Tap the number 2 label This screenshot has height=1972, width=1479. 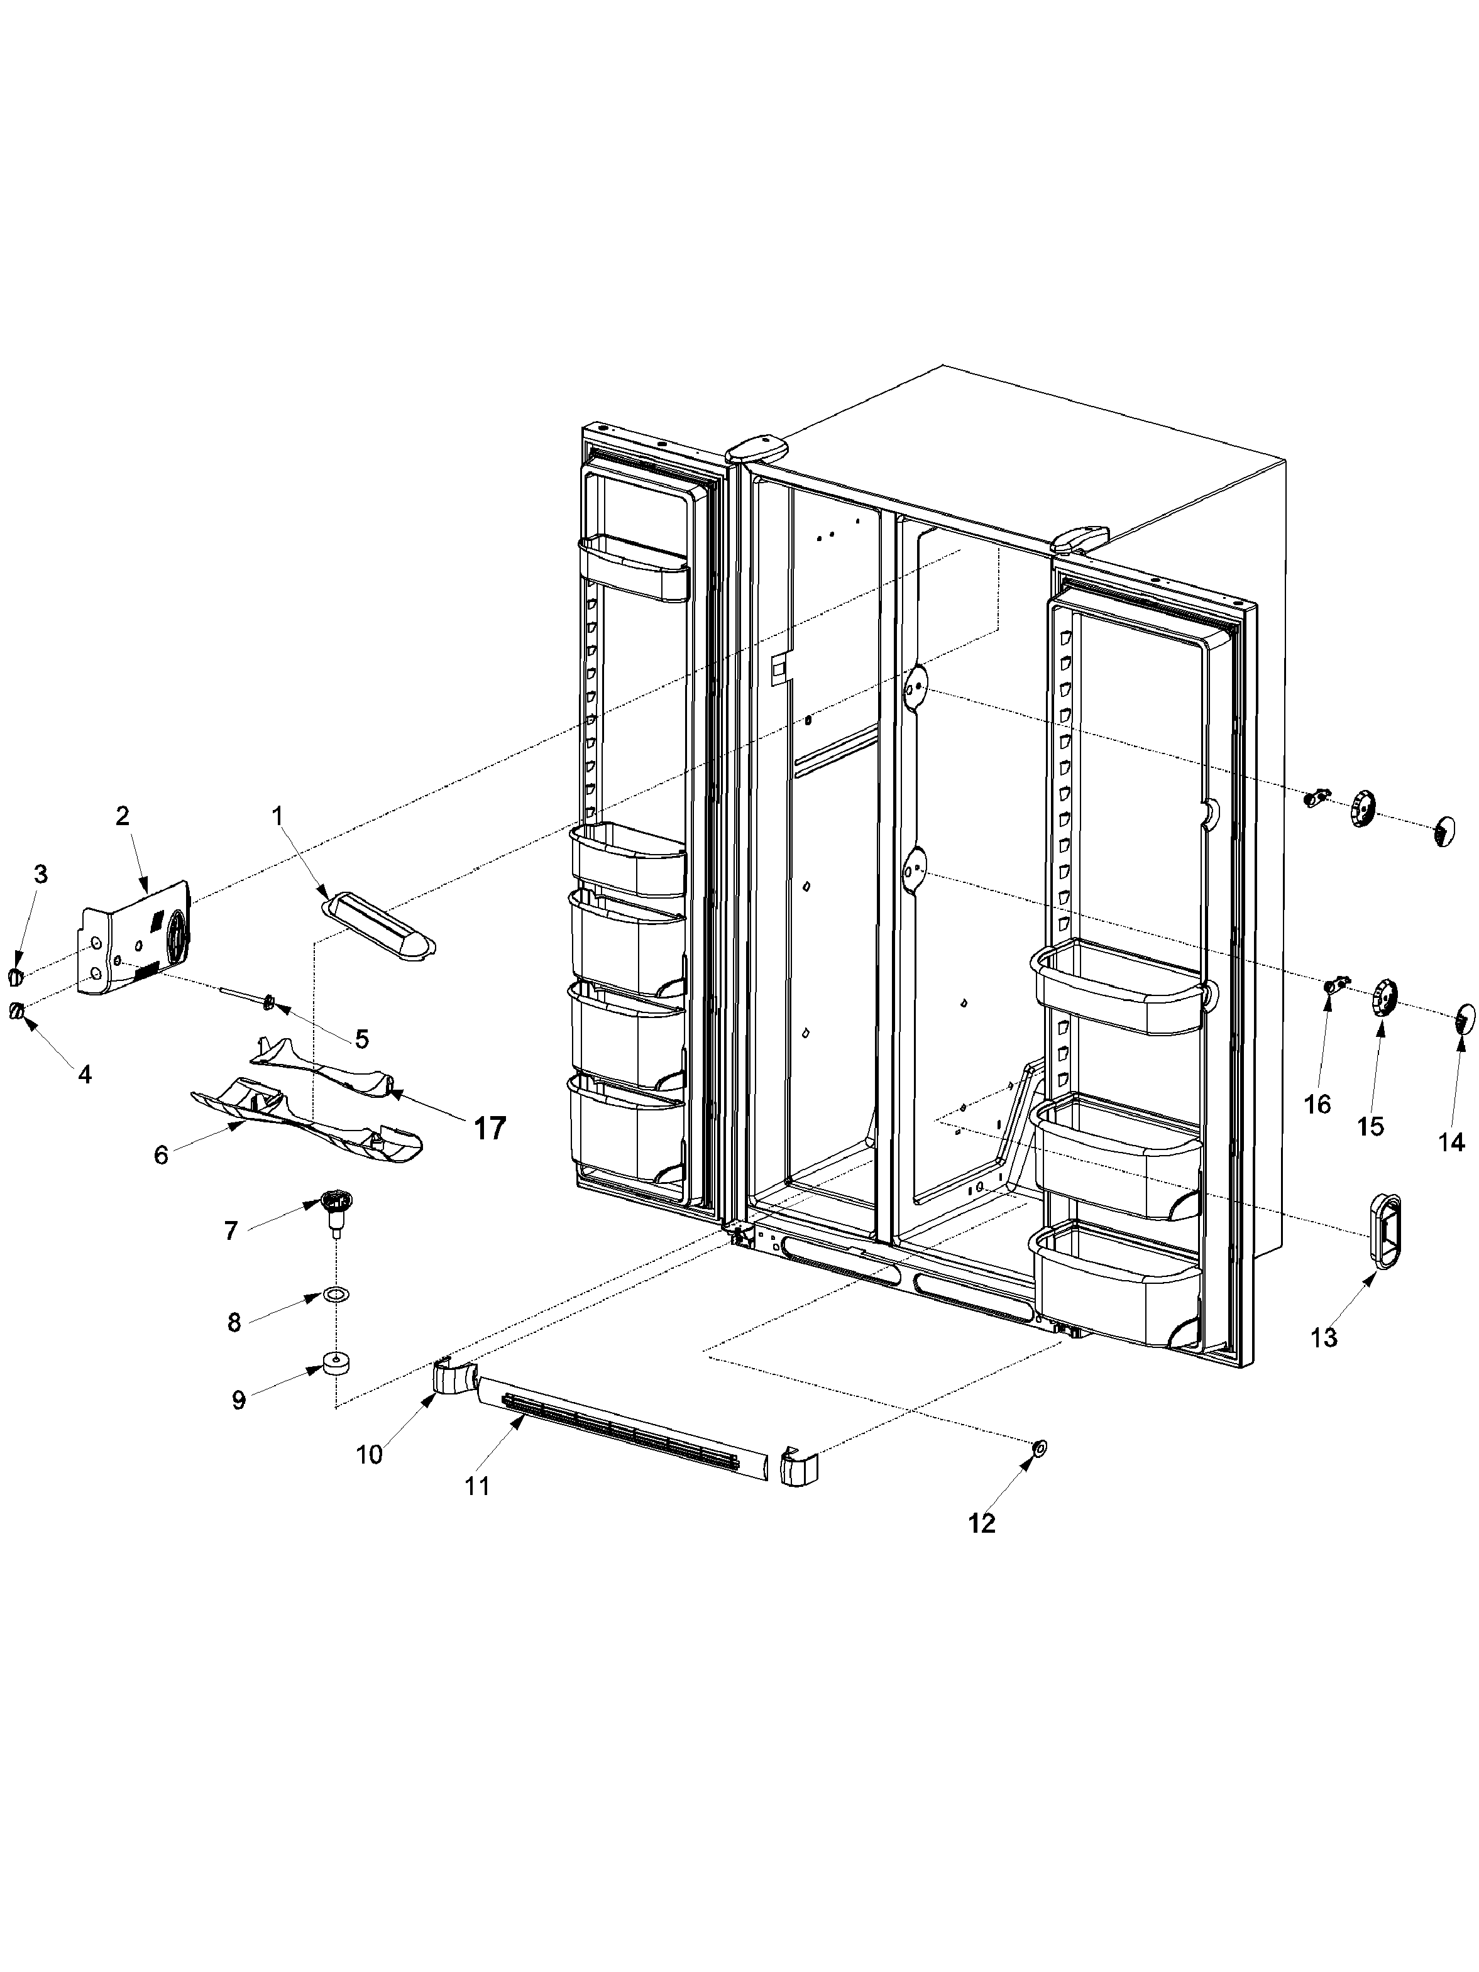click(122, 815)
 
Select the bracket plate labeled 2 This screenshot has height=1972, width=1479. click(138, 939)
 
